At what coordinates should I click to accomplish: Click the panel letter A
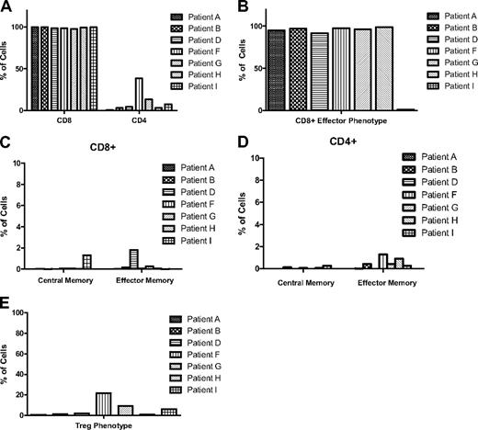7,7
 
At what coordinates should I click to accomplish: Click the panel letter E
7,300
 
